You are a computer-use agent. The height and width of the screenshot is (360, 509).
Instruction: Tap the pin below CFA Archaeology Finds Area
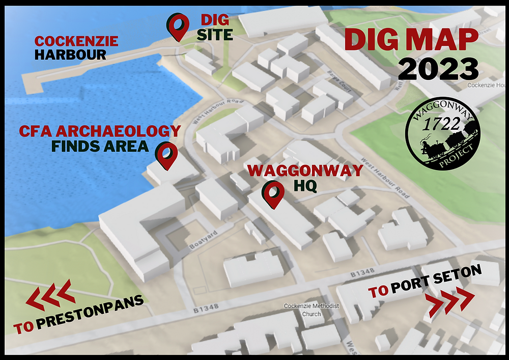(166, 155)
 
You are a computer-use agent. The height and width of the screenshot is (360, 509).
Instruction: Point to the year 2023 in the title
(438, 69)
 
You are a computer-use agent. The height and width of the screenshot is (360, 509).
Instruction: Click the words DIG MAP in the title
(411, 39)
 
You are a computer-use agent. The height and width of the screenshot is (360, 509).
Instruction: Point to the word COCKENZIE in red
(76, 41)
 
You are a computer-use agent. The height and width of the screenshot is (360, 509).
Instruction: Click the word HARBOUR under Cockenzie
(70, 54)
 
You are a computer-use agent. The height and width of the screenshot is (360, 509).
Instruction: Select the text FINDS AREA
(100, 147)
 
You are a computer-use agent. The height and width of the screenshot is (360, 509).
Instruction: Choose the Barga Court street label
(340, 81)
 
